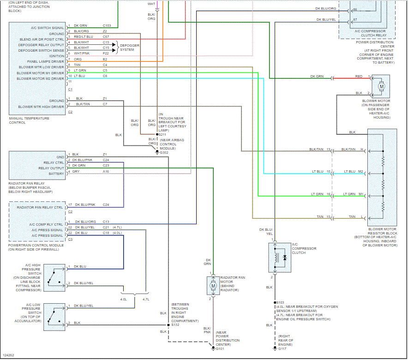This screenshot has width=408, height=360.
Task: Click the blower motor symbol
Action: [381, 86]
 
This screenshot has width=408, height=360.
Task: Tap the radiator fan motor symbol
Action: [213, 286]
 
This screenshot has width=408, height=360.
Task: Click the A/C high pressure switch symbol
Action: [54, 278]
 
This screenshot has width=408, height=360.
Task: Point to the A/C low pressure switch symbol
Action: [54, 317]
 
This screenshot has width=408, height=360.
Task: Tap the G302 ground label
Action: [164, 152]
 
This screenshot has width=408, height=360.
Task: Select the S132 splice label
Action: [175, 324]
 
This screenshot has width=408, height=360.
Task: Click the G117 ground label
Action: [282, 349]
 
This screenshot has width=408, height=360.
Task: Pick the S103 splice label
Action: [280, 303]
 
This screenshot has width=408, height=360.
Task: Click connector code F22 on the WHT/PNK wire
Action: [105, 53]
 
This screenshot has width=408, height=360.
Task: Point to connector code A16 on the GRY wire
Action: [106, 171]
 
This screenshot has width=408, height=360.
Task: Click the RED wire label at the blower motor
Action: [359, 76]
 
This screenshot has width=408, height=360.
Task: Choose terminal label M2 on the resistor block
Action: [360, 171]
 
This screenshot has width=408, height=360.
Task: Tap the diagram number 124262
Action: [8, 355]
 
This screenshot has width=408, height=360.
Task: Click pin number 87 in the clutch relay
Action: [354, 20]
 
